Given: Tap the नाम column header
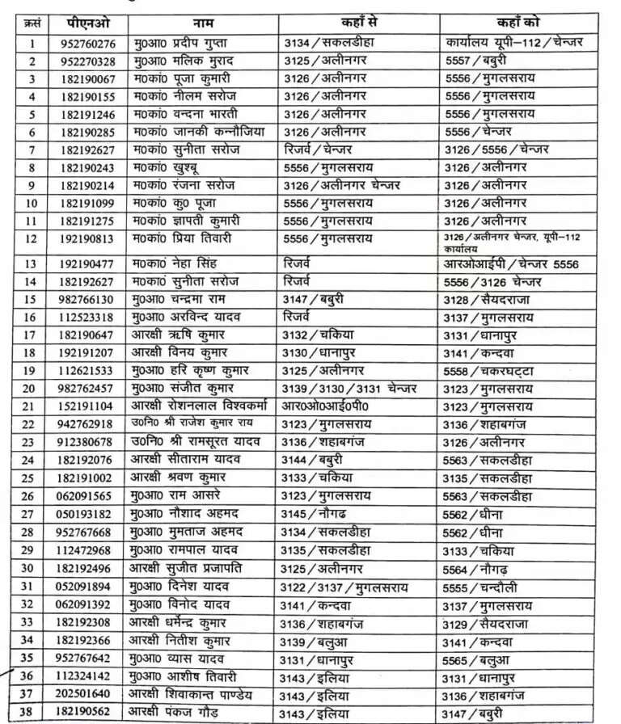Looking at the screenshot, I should pos(203,23).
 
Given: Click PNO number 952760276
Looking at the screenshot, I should pos(88,44).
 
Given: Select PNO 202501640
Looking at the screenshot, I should pos(88,694).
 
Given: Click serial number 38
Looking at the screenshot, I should pos(32,712).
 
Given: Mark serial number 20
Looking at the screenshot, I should pos(32,389).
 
